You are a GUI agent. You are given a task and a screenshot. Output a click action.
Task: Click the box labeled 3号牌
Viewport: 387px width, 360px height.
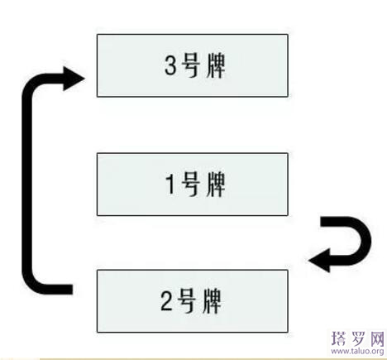point(193,65)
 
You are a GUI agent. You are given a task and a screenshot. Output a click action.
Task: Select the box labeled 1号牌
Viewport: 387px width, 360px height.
point(193,183)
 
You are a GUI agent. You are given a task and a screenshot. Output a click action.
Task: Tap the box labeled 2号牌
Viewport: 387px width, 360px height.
point(193,299)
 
